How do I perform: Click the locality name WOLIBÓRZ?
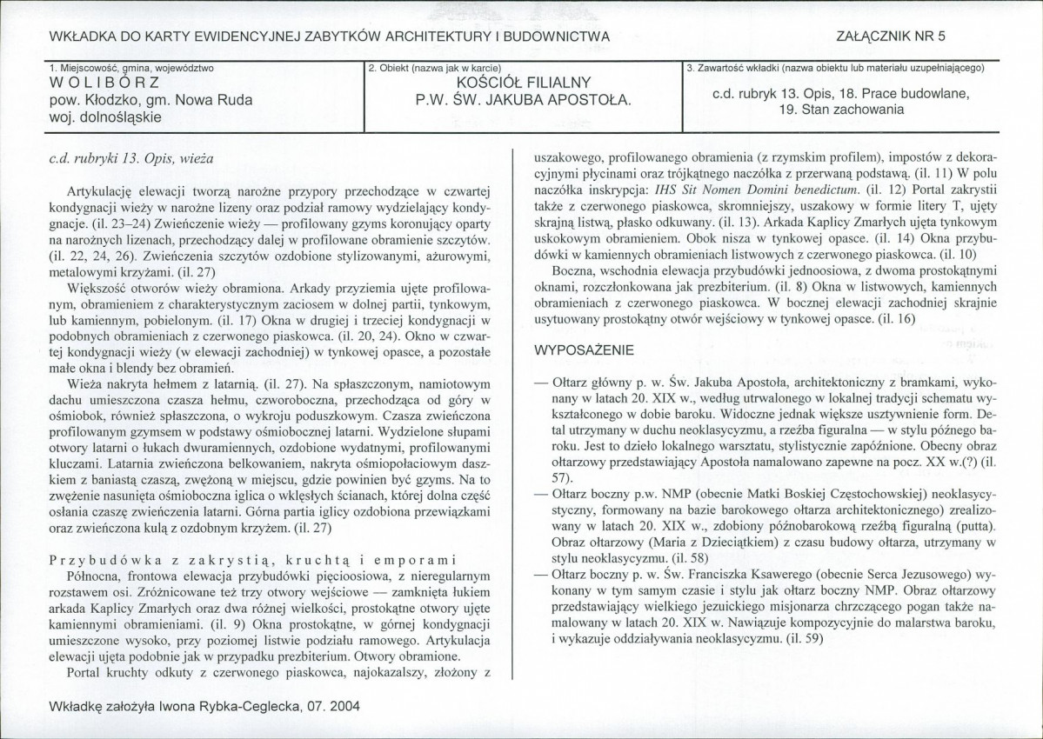point(105,84)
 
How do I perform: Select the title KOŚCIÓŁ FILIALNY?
point(524,83)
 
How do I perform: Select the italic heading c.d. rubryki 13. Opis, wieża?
point(132,158)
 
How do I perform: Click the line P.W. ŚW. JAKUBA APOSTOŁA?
point(523,100)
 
